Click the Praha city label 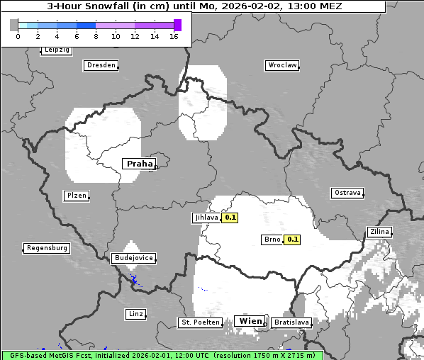click(139, 164)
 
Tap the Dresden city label click(100, 65)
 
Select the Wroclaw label click(281, 65)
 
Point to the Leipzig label click(56, 50)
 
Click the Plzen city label click(76, 196)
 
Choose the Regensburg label click(47, 248)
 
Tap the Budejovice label click(133, 258)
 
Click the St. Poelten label click(200, 322)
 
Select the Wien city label click(251, 321)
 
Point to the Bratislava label click(291, 322)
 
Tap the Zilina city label click(379, 232)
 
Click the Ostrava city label click(347, 193)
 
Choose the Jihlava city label click(206, 218)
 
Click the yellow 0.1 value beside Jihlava click(230, 218)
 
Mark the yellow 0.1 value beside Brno click(292, 240)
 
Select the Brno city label click(272, 240)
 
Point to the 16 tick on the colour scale click(174, 36)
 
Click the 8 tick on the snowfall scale click(96, 36)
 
